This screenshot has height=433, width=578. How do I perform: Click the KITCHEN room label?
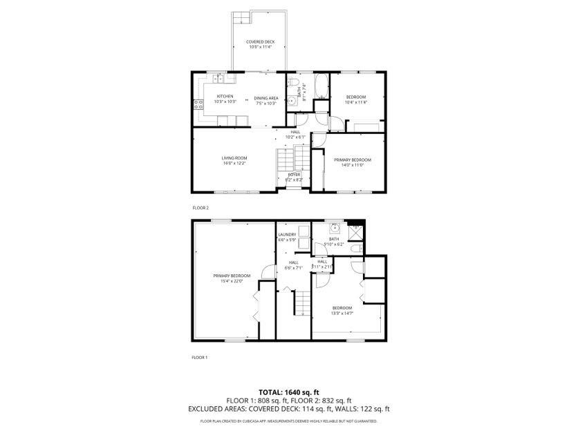point(225,96)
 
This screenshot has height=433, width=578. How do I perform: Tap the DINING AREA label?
point(266,98)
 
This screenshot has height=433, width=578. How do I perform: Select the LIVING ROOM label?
point(234,158)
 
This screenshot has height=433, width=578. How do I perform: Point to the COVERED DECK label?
point(260,42)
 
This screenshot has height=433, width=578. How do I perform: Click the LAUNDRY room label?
point(287,235)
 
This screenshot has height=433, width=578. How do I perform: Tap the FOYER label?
point(295,175)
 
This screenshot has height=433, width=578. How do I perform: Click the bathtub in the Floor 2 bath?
point(320,88)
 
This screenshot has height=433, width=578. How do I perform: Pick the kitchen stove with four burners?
point(198,105)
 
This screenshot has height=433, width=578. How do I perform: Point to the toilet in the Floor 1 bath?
point(354,249)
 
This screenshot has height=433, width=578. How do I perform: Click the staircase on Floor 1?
point(303,301)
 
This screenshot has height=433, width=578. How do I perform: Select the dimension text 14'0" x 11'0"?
point(353,165)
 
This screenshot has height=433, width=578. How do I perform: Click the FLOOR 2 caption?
point(200,207)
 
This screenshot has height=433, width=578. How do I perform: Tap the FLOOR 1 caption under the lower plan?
point(200,357)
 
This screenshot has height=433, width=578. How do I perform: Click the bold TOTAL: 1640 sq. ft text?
point(289,392)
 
